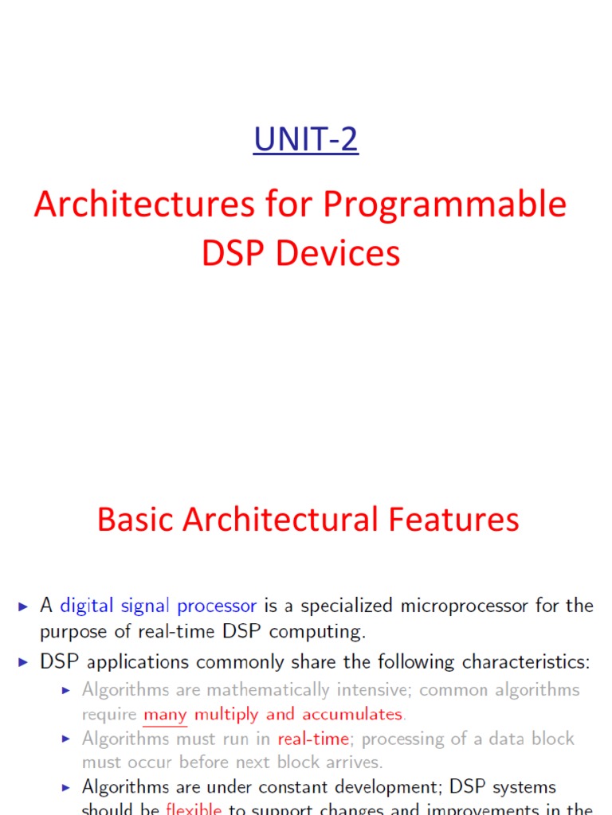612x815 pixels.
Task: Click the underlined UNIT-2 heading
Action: pyautogui.click(x=306, y=139)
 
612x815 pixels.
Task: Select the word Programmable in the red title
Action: pyautogui.click(x=445, y=205)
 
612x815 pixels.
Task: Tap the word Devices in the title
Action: pyautogui.click(x=350, y=253)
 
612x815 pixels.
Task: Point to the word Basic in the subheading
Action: pyautogui.click(x=135, y=520)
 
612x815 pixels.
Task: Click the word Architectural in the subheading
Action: pyautogui.click(x=281, y=520)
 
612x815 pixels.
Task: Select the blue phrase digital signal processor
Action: pyautogui.click(x=159, y=606)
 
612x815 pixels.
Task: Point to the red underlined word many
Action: pyautogui.click(x=165, y=714)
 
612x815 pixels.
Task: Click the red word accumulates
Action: pyautogui.click(x=352, y=714)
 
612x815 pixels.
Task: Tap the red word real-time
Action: pyautogui.click(x=313, y=739)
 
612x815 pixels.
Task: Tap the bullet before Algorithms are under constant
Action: pyautogui.click(x=67, y=787)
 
